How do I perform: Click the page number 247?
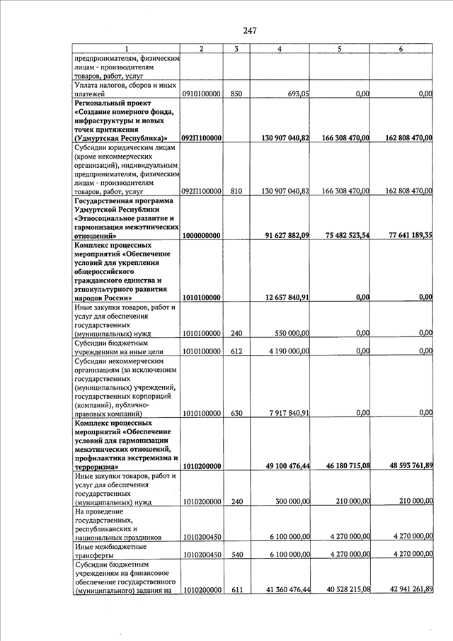tap(248, 30)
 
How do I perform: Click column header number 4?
tap(280, 48)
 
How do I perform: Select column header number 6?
tap(401, 48)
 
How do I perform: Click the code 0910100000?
tap(202, 93)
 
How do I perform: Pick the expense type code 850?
tap(236, 93)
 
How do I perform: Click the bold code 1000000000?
tap(202, 235)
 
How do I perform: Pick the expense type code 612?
tap(236, 351)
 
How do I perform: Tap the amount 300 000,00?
tap(288, 501)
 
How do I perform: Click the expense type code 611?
tap(236, 589)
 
